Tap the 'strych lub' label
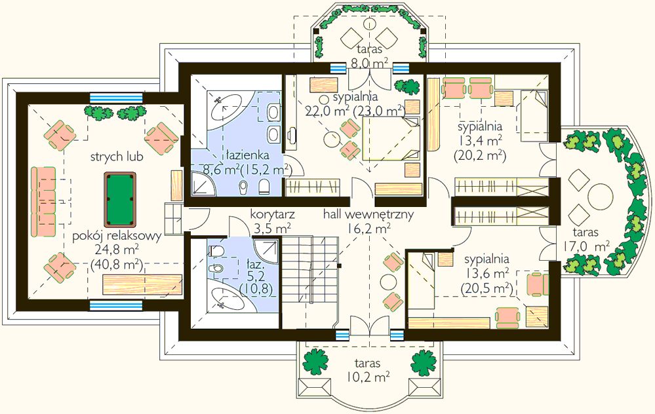coord(117,157)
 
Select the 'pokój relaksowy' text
coord(117,236)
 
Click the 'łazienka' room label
coord(248,155)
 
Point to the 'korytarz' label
coord(272,214)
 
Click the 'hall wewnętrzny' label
coord(368,214)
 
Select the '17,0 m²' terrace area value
coord(586,247)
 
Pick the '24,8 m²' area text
coord(117,250)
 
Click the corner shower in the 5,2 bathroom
coord(266,250)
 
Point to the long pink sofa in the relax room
coord(43,202)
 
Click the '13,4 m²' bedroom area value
coord(480,140)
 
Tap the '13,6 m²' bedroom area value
coord(486,274)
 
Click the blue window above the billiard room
coord(115,98)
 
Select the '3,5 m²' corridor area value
coord(272,229)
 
